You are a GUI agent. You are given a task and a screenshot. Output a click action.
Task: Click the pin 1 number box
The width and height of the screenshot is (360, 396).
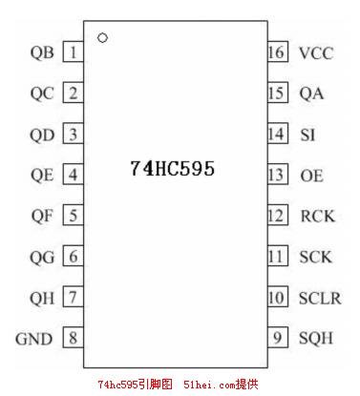coord(73,52)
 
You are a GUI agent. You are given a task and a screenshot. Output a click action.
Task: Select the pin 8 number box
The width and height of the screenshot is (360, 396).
coord(73,338)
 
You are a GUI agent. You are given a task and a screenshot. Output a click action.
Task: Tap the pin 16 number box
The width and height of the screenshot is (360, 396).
coord(277,52)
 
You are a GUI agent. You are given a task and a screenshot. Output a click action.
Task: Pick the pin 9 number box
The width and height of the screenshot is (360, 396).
coord(277,338)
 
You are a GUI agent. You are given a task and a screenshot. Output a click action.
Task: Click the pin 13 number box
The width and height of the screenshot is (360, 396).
coord(277,175)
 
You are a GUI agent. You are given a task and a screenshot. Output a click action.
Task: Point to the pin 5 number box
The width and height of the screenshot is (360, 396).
coord(73,216)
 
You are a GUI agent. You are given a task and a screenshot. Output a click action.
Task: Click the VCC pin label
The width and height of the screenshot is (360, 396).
coord(316,52)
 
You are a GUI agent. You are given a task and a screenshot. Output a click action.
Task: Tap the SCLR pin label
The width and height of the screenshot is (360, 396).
coord(319,298)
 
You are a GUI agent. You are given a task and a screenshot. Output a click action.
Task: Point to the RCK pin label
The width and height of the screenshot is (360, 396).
coord(317,216)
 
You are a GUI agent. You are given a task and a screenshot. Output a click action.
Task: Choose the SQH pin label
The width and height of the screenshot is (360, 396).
coord(317,339)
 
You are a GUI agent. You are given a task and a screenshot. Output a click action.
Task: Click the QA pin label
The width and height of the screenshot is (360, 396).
coord(311,94)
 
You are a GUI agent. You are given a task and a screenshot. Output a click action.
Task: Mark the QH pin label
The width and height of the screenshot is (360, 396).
coord(42,298)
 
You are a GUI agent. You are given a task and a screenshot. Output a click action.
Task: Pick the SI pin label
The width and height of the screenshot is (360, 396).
coord(307,135)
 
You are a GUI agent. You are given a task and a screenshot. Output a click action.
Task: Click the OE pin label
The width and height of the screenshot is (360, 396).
coord(310,176)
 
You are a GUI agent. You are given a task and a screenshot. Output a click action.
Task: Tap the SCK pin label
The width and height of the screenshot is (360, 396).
coord(316,257)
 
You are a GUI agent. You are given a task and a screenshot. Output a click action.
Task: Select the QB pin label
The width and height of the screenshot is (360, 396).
coord(42,52)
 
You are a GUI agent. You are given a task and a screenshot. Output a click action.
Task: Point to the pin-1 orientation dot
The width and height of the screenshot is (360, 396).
coord(102,38)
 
